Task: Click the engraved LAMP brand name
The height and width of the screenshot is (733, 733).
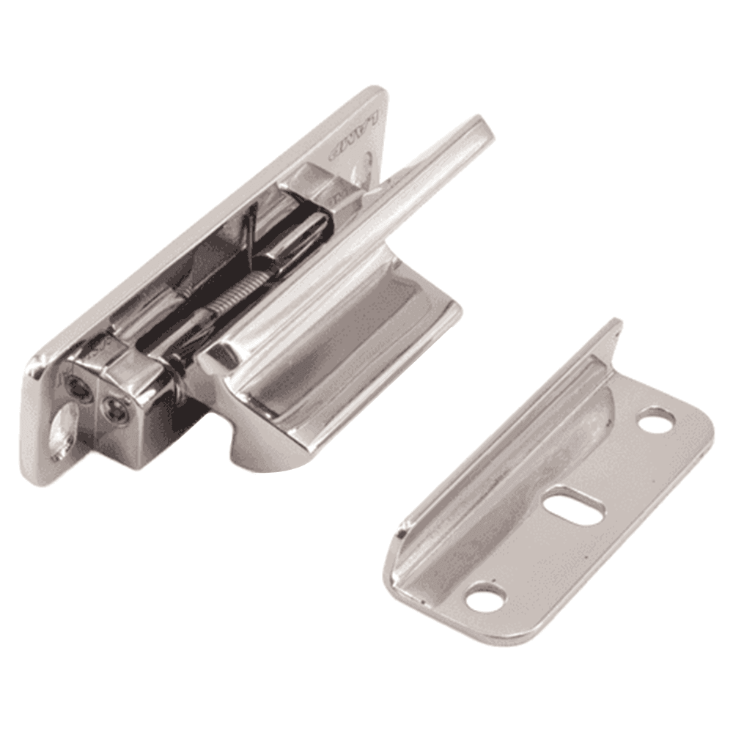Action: [355, 136]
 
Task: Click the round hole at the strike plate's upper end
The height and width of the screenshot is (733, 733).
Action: [657, 420]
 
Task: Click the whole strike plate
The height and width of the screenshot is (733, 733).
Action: [557, 498]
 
